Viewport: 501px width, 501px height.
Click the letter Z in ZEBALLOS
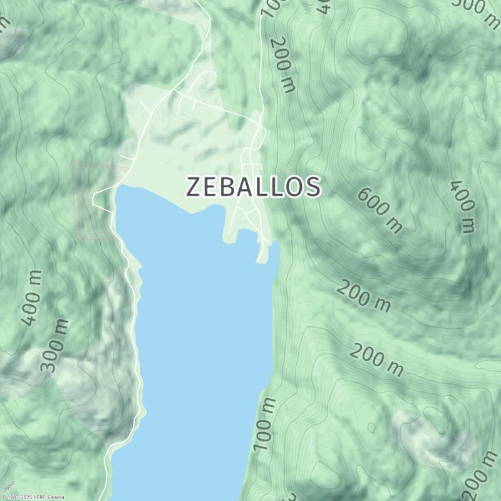coord(195,187)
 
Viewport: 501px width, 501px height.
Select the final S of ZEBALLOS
coord(312,187)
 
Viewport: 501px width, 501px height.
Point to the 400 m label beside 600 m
coord(463,206)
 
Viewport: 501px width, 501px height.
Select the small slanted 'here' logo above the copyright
coord(8,486)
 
